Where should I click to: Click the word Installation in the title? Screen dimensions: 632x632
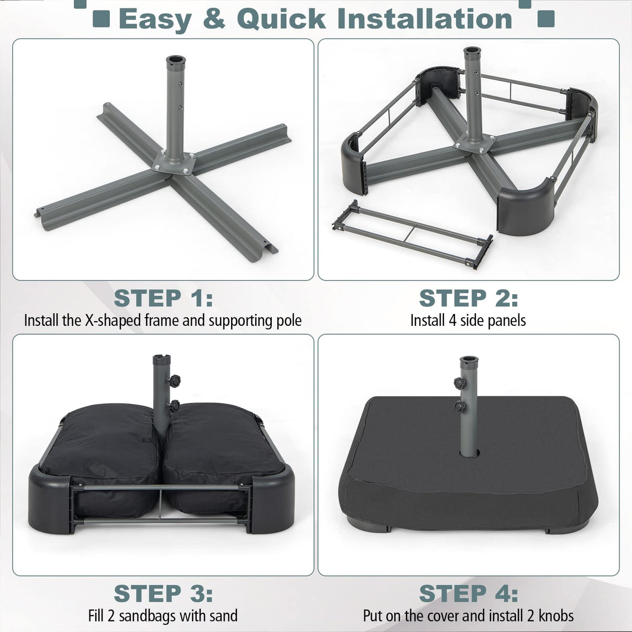tap(425, 19)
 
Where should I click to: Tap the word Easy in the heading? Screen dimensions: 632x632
tap(155, 19)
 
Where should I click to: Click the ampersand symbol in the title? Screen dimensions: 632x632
tap(214, 19)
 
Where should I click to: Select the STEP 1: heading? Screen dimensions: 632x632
tap(163, 298)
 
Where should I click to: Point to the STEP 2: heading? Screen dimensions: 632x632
tap(469, 298)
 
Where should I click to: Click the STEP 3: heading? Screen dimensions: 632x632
tap(163, 593)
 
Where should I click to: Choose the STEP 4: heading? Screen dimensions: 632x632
tap(469, 593)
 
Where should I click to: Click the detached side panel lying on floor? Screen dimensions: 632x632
tap(412, 234)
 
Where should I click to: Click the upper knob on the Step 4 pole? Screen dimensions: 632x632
tap(460, 384)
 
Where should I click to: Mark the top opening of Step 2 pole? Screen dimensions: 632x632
tap(473, 52)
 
